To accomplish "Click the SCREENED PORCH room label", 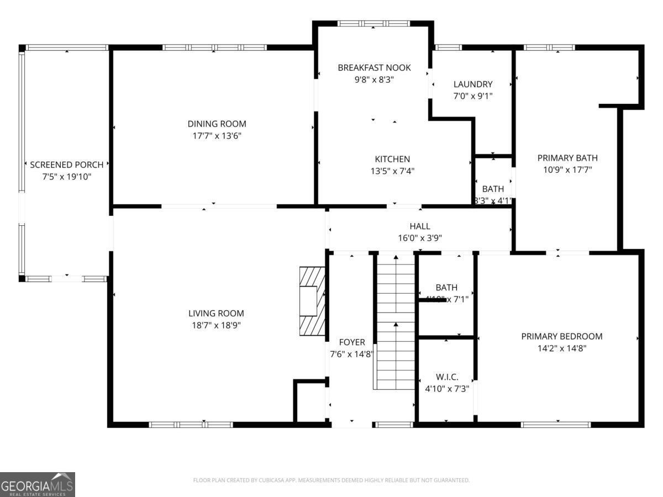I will coord(66,165).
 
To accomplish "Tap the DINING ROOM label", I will coord(217,124).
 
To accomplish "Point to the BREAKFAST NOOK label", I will coord(374,67).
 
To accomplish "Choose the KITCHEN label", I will coord(392,159).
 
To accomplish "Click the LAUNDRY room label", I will coord(472,84).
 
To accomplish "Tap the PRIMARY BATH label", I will coord(567,158).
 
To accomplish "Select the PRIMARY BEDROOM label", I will coord(561,336).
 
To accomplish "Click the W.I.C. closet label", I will coord(446,377).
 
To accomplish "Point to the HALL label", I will coord(420,226).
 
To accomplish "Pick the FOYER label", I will coord(351,342).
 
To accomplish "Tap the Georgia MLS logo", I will coord(37,484).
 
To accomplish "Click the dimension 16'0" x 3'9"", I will coord(420,238).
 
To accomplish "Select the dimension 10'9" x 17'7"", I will coord(567,170).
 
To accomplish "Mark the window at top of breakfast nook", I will coord(373,24).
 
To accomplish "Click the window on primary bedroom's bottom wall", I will coord(556,425).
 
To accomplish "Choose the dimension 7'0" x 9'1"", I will coord(472,96).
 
